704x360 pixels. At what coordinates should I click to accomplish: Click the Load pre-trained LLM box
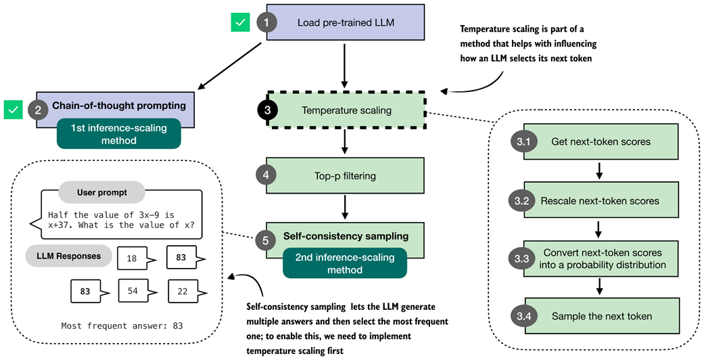[x=346, y=22]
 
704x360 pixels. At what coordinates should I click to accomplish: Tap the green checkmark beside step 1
[x=240, y=22]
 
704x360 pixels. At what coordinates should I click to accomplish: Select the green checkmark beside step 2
[x=14, y=108]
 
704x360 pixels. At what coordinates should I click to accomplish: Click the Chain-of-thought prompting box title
[x=118, y=106]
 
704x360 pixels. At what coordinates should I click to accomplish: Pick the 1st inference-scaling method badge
[x=119, y=133]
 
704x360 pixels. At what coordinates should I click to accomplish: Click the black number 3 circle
[x=268, y=110]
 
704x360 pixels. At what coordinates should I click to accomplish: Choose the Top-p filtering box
[x=346, y=176]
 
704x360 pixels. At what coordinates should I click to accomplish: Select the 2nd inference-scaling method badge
[x=345, y=263]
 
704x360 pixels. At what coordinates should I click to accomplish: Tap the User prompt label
[x=101, y=192]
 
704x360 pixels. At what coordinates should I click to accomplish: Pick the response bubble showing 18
[x=132, y=258]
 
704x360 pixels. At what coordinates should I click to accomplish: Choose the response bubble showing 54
[x=133, y=291]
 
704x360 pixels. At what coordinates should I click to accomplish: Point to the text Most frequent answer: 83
[x=122, y=325]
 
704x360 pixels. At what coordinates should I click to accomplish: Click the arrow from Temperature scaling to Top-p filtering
[x=346, y=141]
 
